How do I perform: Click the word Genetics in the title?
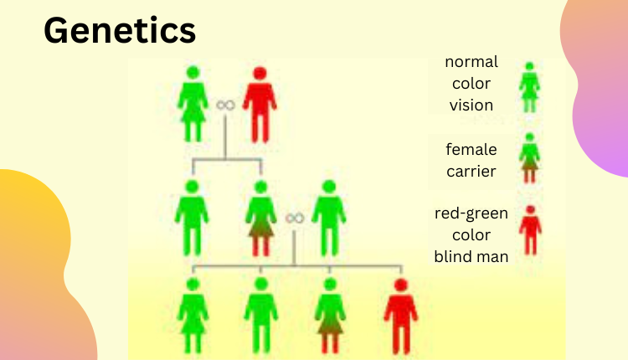120,30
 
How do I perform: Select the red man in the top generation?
260,105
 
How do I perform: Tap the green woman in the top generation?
193,104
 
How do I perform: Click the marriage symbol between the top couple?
225,105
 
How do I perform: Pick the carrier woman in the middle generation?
260,219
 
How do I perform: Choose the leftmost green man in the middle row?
192,218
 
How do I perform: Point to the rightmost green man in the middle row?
329,218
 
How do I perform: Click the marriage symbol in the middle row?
295,219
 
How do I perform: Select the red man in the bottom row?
400,316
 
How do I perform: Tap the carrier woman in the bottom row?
330,316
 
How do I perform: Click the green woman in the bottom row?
193,316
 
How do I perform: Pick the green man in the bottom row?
260,316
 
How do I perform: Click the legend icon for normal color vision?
529,87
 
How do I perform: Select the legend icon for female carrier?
529,158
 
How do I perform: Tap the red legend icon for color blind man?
530,230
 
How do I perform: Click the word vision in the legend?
471,105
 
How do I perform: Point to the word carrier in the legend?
471,172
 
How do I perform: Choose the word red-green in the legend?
471,213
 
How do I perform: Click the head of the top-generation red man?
260,74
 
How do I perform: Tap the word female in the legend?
471,149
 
